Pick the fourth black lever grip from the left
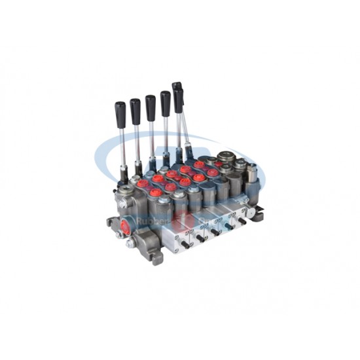coord(166,103)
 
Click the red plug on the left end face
coord(125,228)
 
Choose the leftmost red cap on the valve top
coord(142,184)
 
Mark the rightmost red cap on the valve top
coord(212,172)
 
